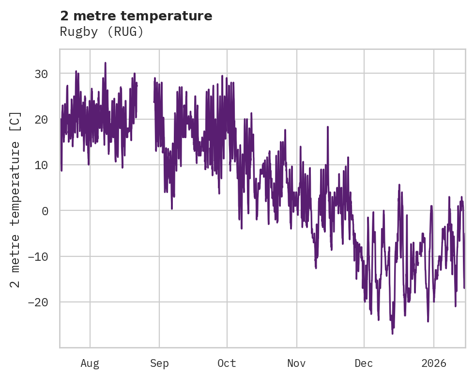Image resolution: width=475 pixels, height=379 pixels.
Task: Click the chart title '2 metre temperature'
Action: [x=136, y=16]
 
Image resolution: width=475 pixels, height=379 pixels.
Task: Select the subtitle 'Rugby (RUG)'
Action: [x=102, y=32]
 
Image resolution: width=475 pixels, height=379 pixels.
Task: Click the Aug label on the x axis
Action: [x=90, y=363]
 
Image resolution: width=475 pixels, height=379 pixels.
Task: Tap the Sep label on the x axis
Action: [x=159, y=363]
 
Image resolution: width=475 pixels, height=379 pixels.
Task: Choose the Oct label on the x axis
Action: [x=227, y=363]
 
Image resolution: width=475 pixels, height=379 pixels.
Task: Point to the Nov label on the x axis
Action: [x=297, y=363]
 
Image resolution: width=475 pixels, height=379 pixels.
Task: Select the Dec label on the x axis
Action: [x=364, y=363]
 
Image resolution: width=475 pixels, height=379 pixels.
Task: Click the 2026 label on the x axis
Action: [x=434, y=363]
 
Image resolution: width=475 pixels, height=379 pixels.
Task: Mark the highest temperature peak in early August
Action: [x=105, y=63]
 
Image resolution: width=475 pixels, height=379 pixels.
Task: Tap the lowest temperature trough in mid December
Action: [x=392, y=333]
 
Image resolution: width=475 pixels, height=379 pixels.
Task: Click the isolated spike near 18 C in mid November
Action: [x=328, y=127]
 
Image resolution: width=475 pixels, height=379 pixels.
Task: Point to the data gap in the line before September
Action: [x=145, y=97]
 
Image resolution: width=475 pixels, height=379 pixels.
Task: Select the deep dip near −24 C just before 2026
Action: [x=428, y=321]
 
